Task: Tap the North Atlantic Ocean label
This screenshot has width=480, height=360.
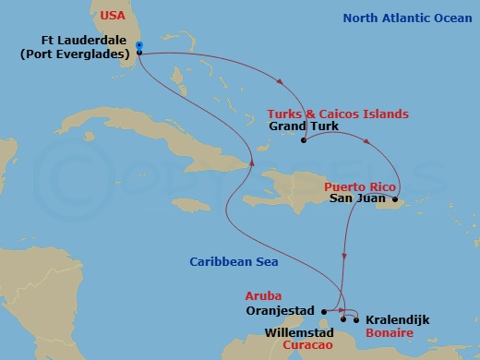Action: click(x=407, y=18)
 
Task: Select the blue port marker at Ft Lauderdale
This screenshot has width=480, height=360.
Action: click(x=138, y=45)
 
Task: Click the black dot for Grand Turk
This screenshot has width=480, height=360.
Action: click(x=304, y=140)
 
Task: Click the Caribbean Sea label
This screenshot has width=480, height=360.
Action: click(x=235, y=261)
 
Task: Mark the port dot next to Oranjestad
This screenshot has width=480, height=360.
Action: click(x=325, y=310)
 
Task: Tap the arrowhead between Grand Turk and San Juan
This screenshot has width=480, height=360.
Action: click(x=368, y=143)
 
